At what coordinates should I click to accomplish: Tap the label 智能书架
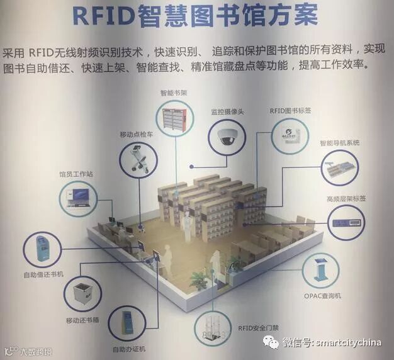click(174, 93)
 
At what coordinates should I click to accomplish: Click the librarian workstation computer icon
click(78, 198)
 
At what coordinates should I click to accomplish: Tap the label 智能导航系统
click(339, 143)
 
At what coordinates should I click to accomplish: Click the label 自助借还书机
click(43, 274)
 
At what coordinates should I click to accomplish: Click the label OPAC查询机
click(324, 295)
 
